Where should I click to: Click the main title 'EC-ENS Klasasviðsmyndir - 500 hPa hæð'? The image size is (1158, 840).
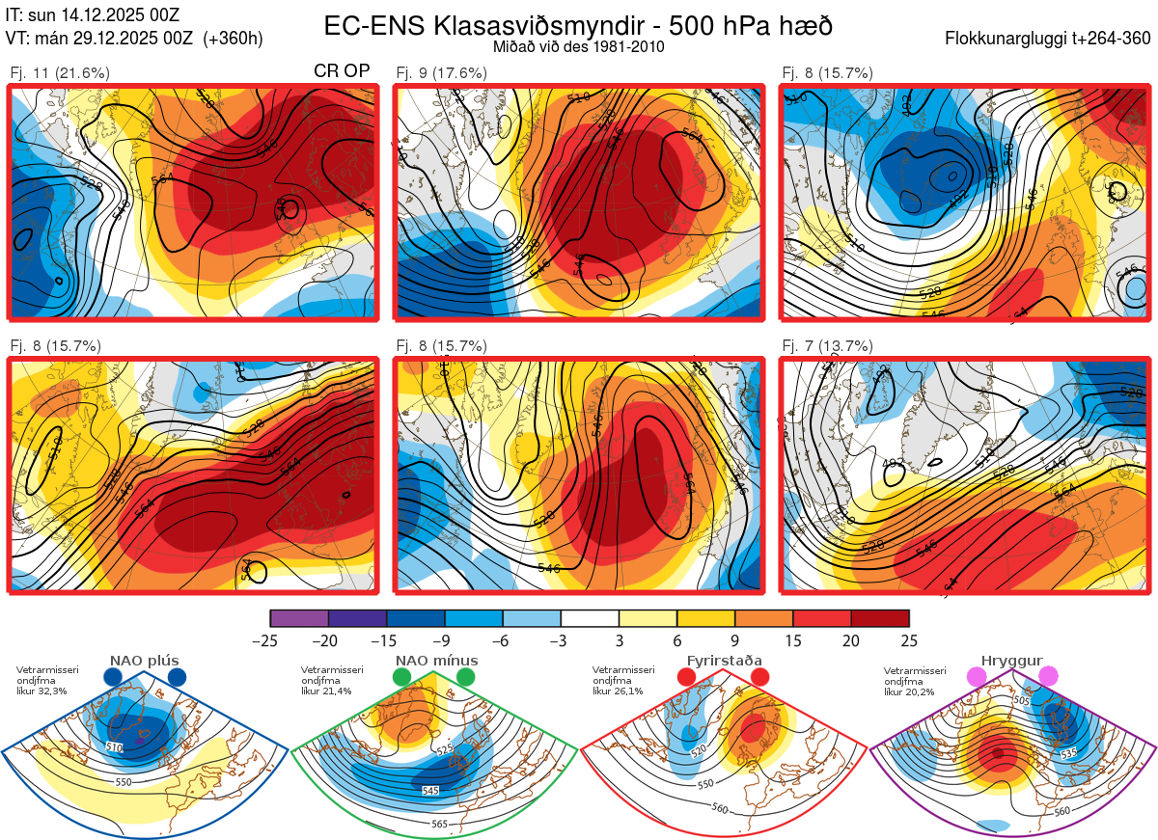coord(578,25)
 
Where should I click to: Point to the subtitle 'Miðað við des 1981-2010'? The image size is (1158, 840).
coord(578,46)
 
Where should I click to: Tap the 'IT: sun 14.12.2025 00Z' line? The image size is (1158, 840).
coord(92,14)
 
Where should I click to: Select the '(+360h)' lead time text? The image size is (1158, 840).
coord(233,39)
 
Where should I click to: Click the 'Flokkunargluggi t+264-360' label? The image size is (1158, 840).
coord(1050,39)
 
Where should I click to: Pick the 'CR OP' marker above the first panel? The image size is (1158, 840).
coord(342,72)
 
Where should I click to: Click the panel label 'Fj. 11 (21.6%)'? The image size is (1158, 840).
coord(60,73)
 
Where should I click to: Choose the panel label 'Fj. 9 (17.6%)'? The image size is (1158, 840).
coord(442,73)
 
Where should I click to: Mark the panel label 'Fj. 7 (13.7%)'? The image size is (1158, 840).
coord(827,346)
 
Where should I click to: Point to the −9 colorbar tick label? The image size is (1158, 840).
coord(445,640)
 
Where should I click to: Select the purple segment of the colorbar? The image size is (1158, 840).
coord(299,618)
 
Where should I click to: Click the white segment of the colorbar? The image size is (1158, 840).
coord(590,618)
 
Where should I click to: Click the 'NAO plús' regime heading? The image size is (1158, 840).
coord(145,661)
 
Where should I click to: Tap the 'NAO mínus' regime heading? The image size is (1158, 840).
coord(436,661)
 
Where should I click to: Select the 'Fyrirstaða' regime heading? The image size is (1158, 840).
coord(725,661)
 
